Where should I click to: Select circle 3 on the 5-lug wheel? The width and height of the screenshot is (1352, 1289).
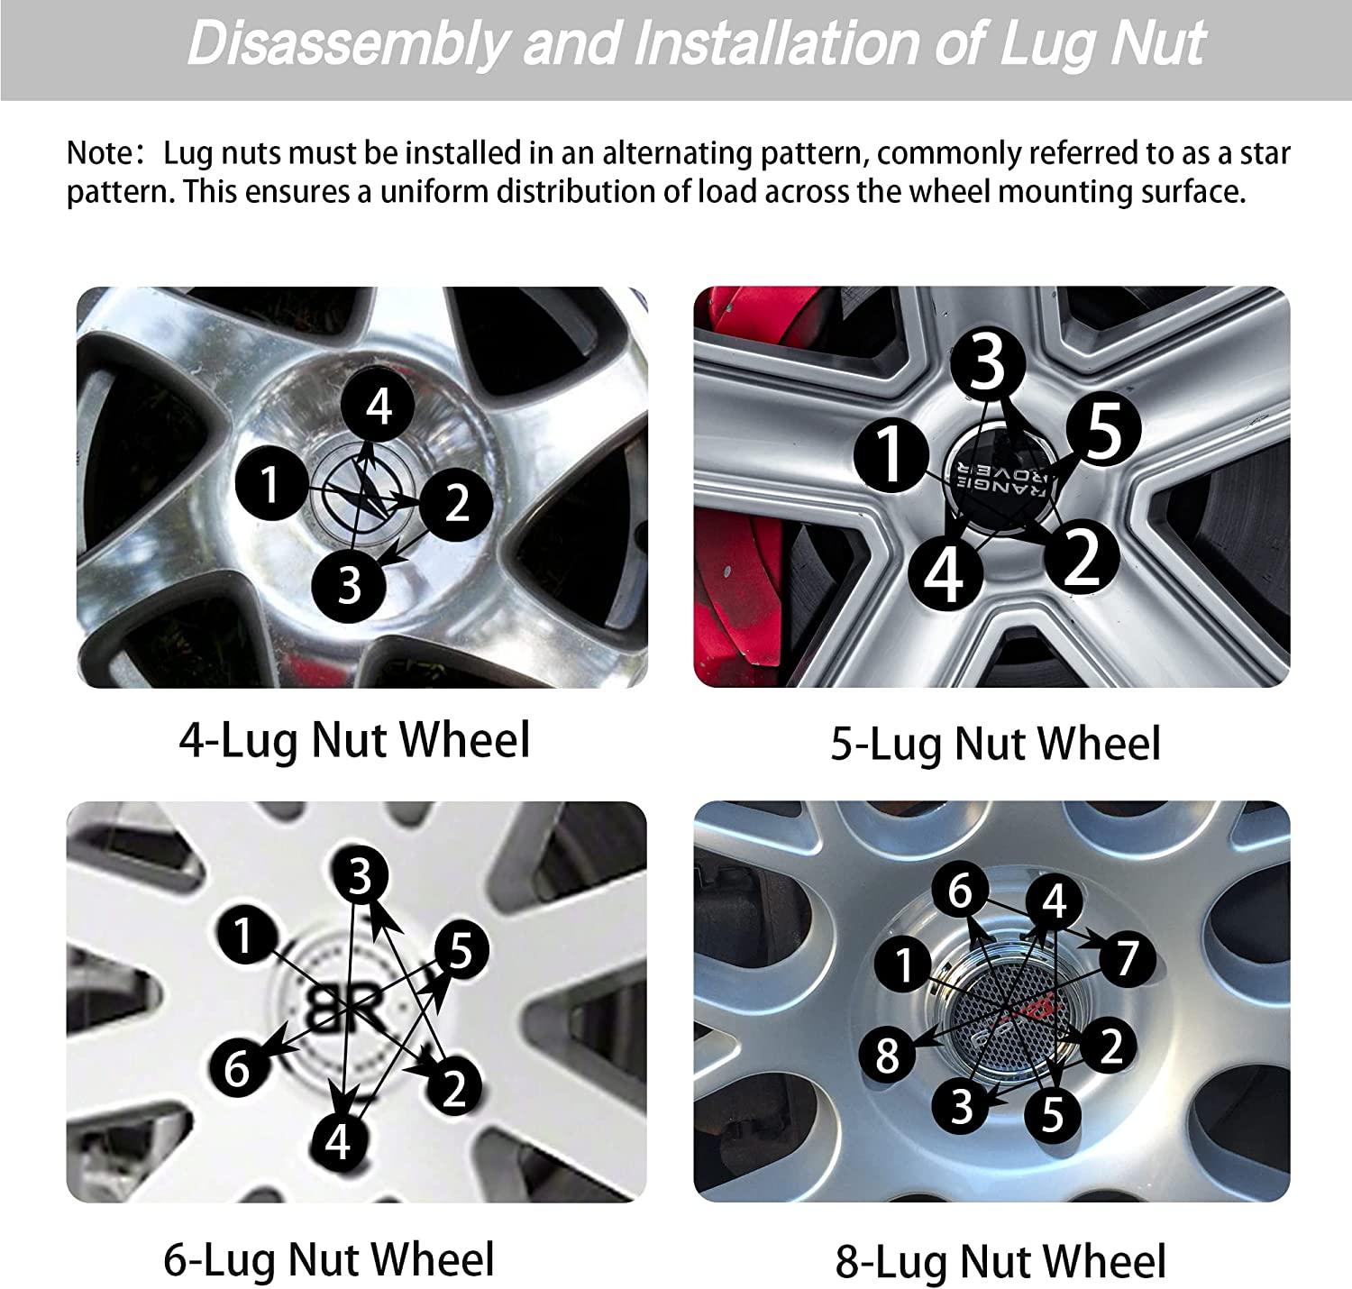989,363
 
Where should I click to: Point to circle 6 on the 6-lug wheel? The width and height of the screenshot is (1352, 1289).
237,1069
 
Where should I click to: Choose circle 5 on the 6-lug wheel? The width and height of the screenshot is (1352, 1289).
461,952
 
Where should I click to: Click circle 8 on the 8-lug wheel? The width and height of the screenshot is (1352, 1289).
888,1054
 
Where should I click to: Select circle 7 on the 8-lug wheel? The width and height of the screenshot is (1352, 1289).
1128,959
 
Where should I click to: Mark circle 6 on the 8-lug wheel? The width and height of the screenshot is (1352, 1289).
961,891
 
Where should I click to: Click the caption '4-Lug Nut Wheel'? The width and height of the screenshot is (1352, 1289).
354,740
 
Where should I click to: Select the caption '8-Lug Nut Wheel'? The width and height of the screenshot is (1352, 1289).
1000,1260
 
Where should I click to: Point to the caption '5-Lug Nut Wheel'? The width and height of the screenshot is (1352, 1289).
995,745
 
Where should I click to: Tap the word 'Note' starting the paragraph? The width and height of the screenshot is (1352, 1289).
99,153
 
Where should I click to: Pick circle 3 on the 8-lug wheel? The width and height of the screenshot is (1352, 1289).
963,1104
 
